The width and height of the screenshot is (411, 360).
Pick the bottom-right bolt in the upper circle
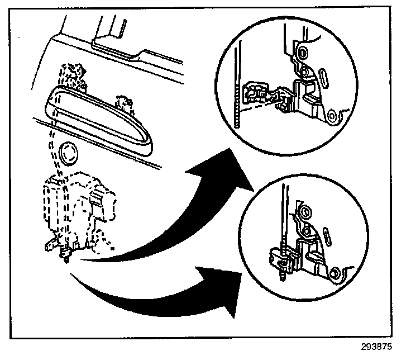333,116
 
